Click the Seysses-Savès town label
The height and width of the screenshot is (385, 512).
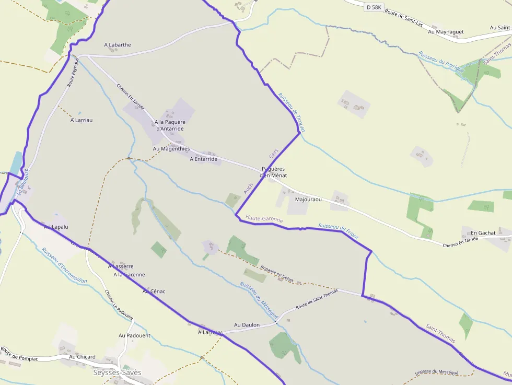[x=117, y=372]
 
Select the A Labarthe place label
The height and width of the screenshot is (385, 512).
[x=118, y=45]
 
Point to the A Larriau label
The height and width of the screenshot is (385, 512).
[x=82, y=120]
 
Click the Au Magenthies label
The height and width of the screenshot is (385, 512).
[x=171, y=149]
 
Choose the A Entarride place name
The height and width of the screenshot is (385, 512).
[x=203, y=159]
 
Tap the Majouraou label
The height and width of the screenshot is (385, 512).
[x=308, y=200]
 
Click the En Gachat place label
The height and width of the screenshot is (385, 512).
[x=483, y=233]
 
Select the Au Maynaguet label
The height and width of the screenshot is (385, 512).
[x=446, y=32]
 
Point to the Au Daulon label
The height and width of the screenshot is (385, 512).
[x=247, y=325]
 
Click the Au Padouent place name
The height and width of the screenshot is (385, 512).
[x=134, y=335]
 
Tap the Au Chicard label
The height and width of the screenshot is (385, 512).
[x=83, y=357]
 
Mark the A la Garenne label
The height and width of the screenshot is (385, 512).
[x=129, y=274]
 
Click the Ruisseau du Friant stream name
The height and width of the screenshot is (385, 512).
[x=339, y=231]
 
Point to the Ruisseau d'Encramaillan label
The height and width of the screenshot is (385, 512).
[x=64, y=265]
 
